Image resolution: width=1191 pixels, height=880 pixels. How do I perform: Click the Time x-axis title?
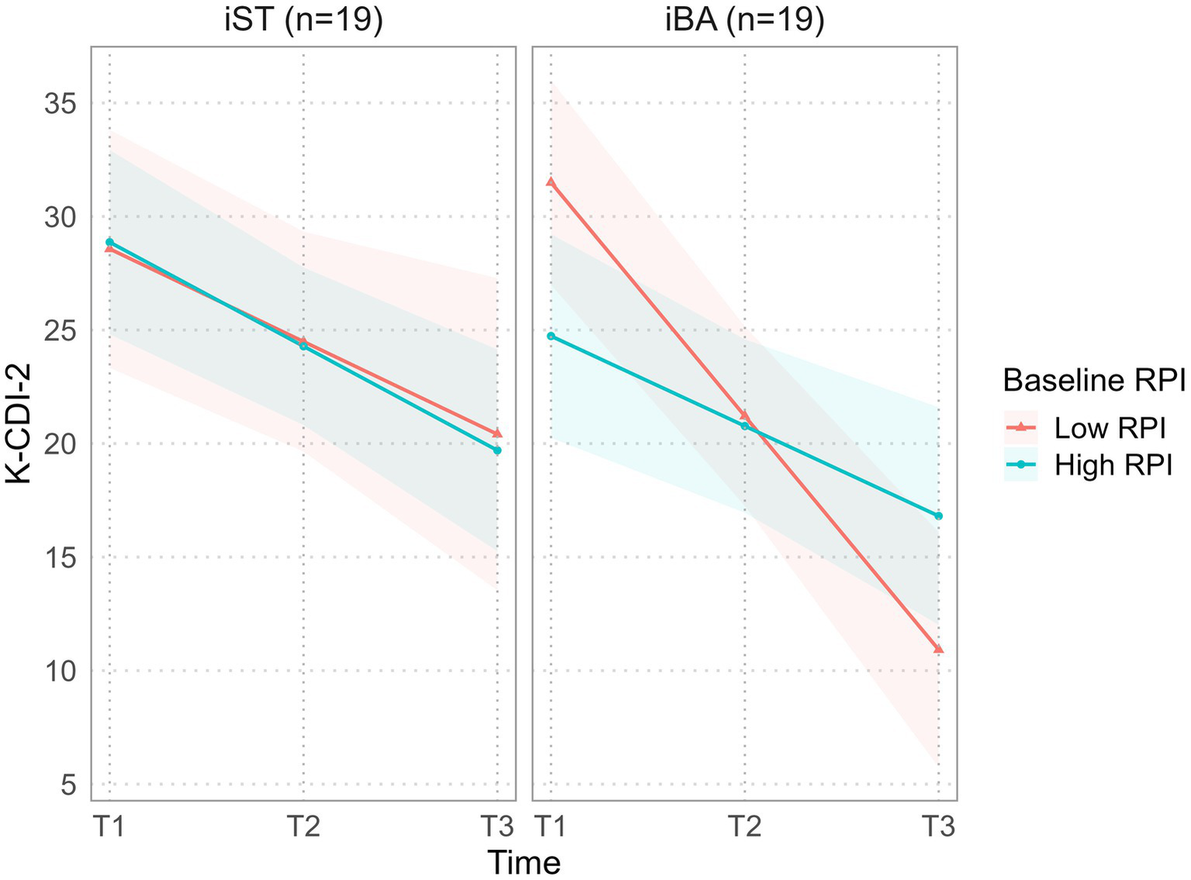coord(524,862)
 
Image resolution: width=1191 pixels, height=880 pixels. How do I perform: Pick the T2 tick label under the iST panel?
coord(303,826)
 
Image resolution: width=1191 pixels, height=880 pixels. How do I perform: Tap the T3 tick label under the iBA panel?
coord(938,826)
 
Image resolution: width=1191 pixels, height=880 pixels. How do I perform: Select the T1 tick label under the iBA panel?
coord(551,826)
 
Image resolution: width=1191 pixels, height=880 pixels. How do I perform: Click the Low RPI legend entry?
coord(1086,427)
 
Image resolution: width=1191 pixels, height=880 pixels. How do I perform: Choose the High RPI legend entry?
coord(1086,465)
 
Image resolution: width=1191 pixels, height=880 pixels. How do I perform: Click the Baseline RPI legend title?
coord(1094,380)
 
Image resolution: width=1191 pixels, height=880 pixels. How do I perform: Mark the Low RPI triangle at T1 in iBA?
coord(551,182)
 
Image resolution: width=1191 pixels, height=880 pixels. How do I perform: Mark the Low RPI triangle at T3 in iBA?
coord(938,649)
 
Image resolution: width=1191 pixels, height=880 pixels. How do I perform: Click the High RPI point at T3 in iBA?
coord(938,516)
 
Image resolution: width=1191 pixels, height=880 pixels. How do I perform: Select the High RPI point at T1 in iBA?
coord(551,336)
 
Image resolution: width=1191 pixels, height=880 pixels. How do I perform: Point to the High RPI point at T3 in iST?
coord(497,450)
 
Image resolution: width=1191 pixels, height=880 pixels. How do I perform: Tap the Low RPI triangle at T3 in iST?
coord(497,433)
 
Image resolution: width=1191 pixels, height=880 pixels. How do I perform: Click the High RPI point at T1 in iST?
coord(109,242)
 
